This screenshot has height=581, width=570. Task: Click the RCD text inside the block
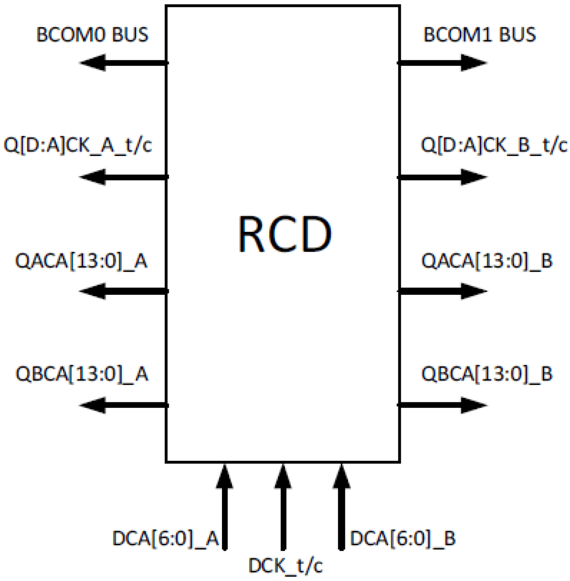click(285, 234)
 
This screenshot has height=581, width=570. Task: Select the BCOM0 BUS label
click(92, 35)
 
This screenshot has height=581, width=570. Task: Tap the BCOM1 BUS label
click(479, 35)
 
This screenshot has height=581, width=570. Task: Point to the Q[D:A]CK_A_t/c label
click(78, 146)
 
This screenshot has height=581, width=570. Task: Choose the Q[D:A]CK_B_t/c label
click(494, 146)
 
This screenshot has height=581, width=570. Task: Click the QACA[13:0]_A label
click(81, 261)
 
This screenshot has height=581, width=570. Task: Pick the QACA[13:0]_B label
click(486, 261)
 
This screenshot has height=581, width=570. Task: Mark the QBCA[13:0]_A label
click(82, 374)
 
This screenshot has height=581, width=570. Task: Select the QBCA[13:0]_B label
click(486, 374)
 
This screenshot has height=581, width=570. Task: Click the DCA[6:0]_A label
click(166, 539)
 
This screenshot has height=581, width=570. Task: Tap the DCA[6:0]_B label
click(403, 539)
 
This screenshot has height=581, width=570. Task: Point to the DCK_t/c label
click(285, 566)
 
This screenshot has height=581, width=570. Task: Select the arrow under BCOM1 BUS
click(443, 63)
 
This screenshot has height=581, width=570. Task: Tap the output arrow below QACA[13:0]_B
click(443, 291)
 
